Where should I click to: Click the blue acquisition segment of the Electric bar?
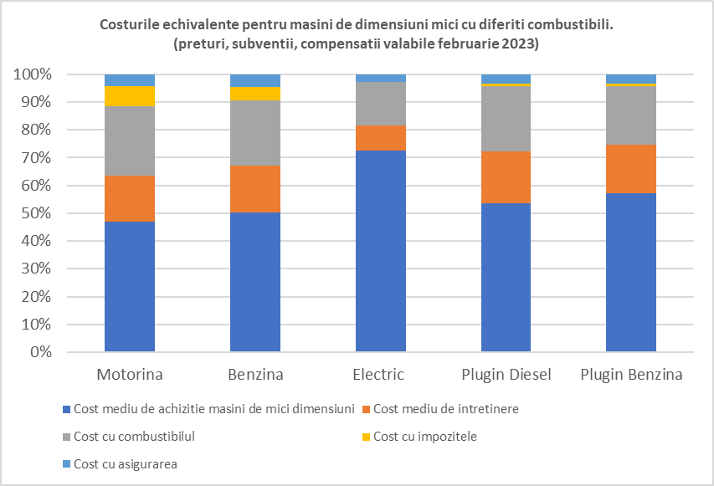click(380, 251)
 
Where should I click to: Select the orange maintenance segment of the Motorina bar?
click(130, 198)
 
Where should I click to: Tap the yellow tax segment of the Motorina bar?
click(130, 96)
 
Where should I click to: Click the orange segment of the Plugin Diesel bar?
click(506, 177)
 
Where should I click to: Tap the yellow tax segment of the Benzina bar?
click(255, 94)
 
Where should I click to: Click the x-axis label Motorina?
click(130, 374)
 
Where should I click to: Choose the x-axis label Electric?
click(380, 374)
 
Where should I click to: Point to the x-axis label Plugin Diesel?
click(506, 374)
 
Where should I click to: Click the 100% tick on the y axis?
click(33, 74)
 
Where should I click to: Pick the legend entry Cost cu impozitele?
click(424, 436)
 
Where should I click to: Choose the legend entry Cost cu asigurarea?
click(126, 463)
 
